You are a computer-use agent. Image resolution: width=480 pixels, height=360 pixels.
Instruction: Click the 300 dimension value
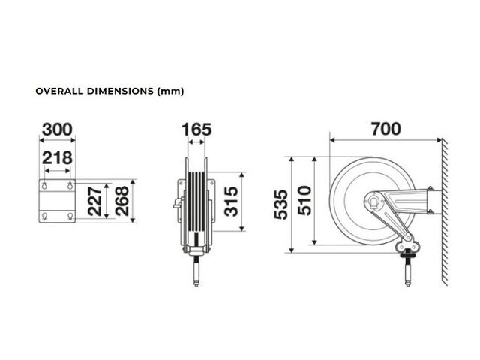[x=57, y=130]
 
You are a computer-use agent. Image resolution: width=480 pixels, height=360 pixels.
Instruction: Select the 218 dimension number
[x=57, y=158]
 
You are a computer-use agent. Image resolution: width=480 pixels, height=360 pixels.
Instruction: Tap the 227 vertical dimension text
[x=95, y=202]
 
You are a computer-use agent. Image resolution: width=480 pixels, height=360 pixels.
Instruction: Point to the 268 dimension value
[x=122, y=201]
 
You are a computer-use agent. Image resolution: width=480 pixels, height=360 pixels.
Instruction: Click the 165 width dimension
[x=196, y=130]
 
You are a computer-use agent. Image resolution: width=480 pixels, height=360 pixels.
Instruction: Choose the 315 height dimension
[x=231, y=202]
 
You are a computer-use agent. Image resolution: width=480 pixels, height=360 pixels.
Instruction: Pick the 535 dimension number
[x=280, y=205]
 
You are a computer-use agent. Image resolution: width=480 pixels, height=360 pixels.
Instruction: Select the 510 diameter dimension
[x=304, y=200]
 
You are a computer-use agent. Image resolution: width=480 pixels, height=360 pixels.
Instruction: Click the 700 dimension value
[x=386, y=129]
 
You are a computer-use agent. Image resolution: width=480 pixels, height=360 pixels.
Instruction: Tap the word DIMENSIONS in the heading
[x=120, y=91]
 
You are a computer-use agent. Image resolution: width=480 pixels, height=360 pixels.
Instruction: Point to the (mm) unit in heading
[x=170, y=91]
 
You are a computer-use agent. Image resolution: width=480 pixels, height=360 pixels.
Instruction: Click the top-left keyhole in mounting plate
[x=45, y=185]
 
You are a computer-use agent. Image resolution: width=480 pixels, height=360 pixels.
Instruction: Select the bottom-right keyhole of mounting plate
[x=70, y=217]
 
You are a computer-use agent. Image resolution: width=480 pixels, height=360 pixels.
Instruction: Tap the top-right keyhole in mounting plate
[x=70, y=185]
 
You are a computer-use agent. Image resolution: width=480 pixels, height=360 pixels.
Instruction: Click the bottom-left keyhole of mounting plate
[x=45, y=217]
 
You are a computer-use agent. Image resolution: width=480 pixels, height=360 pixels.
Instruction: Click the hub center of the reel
[x=373, y=202]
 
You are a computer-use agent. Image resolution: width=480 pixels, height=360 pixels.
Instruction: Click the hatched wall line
[x=445, y=212]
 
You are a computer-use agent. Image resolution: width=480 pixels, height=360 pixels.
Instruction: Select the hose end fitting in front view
[x=196, y=271]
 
